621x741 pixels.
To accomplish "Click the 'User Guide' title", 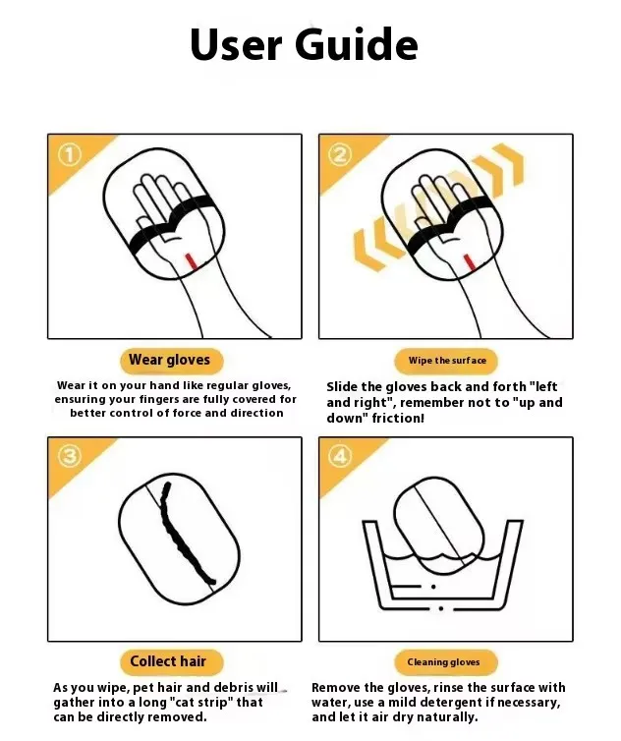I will click(304, 44).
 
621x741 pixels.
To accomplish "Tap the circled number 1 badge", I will click(70, 155).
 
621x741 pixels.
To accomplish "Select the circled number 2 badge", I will click(340, 155).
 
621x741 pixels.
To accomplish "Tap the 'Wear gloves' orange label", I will click(169, 361).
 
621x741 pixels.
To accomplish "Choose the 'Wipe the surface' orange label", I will click(446, 361).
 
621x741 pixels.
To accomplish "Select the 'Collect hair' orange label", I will click(168, 661).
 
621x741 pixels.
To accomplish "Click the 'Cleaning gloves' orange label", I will click(446, 662).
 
